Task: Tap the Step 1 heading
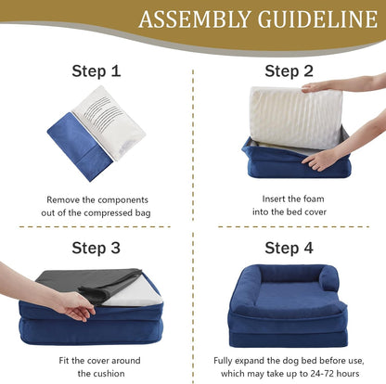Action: point(96,70)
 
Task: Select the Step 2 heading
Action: point(289,70)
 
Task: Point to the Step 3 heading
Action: point(96,248)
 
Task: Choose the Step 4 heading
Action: point(289,248)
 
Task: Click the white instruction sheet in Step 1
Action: point(109,121)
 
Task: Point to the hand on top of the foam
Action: point(320,86)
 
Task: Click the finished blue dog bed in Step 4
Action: point(289,306)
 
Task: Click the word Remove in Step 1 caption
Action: point(63,198)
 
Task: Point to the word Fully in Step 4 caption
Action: point(225,360)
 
